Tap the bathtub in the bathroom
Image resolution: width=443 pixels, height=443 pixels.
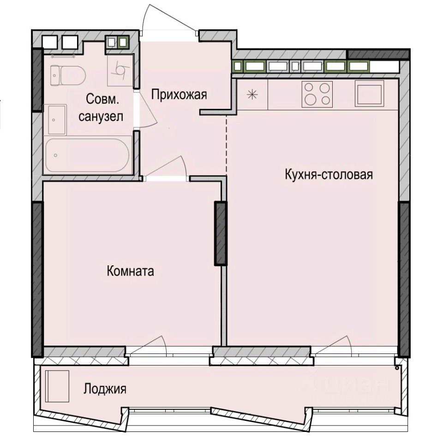(x=88, y=156)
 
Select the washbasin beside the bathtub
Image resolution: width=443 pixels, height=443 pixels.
(x=55, y=119)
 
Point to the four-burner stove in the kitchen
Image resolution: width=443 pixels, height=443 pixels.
(x=317, y=94)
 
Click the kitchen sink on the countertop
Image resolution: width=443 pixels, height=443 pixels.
(x=369, y=94)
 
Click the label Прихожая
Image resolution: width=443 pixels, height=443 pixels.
(x=179, y=95)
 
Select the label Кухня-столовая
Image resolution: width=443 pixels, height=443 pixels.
(x=329, y=175)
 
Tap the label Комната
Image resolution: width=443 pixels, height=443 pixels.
(x=130, y=271)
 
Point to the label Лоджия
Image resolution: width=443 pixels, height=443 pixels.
(x=105, y=389)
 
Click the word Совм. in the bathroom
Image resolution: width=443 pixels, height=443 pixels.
(x=102, y=99)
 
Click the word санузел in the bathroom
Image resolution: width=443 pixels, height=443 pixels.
(x=101, y=117)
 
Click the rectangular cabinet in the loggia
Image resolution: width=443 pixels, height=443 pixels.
(x=58, y=386)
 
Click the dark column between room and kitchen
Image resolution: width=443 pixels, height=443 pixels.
(x=221, y=233)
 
